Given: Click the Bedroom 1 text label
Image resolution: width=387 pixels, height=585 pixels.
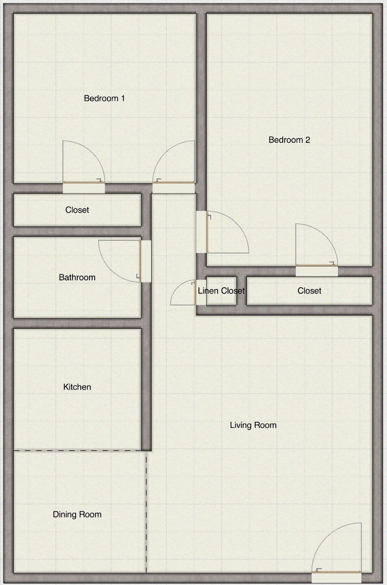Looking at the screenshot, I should click(x=104, y=99).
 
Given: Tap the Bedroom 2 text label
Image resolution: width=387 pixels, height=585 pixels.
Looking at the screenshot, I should click(x=289, y=140).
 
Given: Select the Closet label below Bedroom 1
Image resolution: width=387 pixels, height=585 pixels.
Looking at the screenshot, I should click(x=77, y=210).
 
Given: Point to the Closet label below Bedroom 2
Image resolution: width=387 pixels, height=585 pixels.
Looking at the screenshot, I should click(x=309, y=291).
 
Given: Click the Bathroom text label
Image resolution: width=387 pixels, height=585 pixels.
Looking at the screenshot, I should click(x=77, y=277).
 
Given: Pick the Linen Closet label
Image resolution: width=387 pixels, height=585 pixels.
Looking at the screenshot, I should click(x=221, y=291).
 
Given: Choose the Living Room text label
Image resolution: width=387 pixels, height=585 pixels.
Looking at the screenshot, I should click(x=253, y=425).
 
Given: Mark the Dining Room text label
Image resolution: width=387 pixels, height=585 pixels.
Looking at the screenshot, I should click(x=77, y=515).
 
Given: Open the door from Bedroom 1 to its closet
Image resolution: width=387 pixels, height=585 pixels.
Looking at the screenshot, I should click(x=84, y=187).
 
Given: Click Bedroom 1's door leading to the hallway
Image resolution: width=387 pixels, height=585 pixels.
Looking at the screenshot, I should click(x=174, y=187).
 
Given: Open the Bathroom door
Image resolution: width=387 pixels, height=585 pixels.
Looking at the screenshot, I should click(x=146, y=261).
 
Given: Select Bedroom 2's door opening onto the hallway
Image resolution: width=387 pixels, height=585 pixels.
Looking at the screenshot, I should click(x=202, y=232).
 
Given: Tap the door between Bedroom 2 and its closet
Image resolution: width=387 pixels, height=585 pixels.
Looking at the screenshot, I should click(x=317, y=271).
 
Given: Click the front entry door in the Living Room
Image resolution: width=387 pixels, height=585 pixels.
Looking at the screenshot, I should click(x=336, y=577).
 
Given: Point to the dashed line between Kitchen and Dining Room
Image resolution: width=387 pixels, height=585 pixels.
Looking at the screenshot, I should click(x=78, y=451).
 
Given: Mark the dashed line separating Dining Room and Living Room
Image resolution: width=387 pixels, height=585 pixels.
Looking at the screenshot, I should click(x=146, y=512).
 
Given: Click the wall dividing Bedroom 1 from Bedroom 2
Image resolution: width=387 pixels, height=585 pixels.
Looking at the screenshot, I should click(x=201, y=100).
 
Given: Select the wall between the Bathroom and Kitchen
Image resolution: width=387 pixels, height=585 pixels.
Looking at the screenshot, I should click(x=77, y=323).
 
